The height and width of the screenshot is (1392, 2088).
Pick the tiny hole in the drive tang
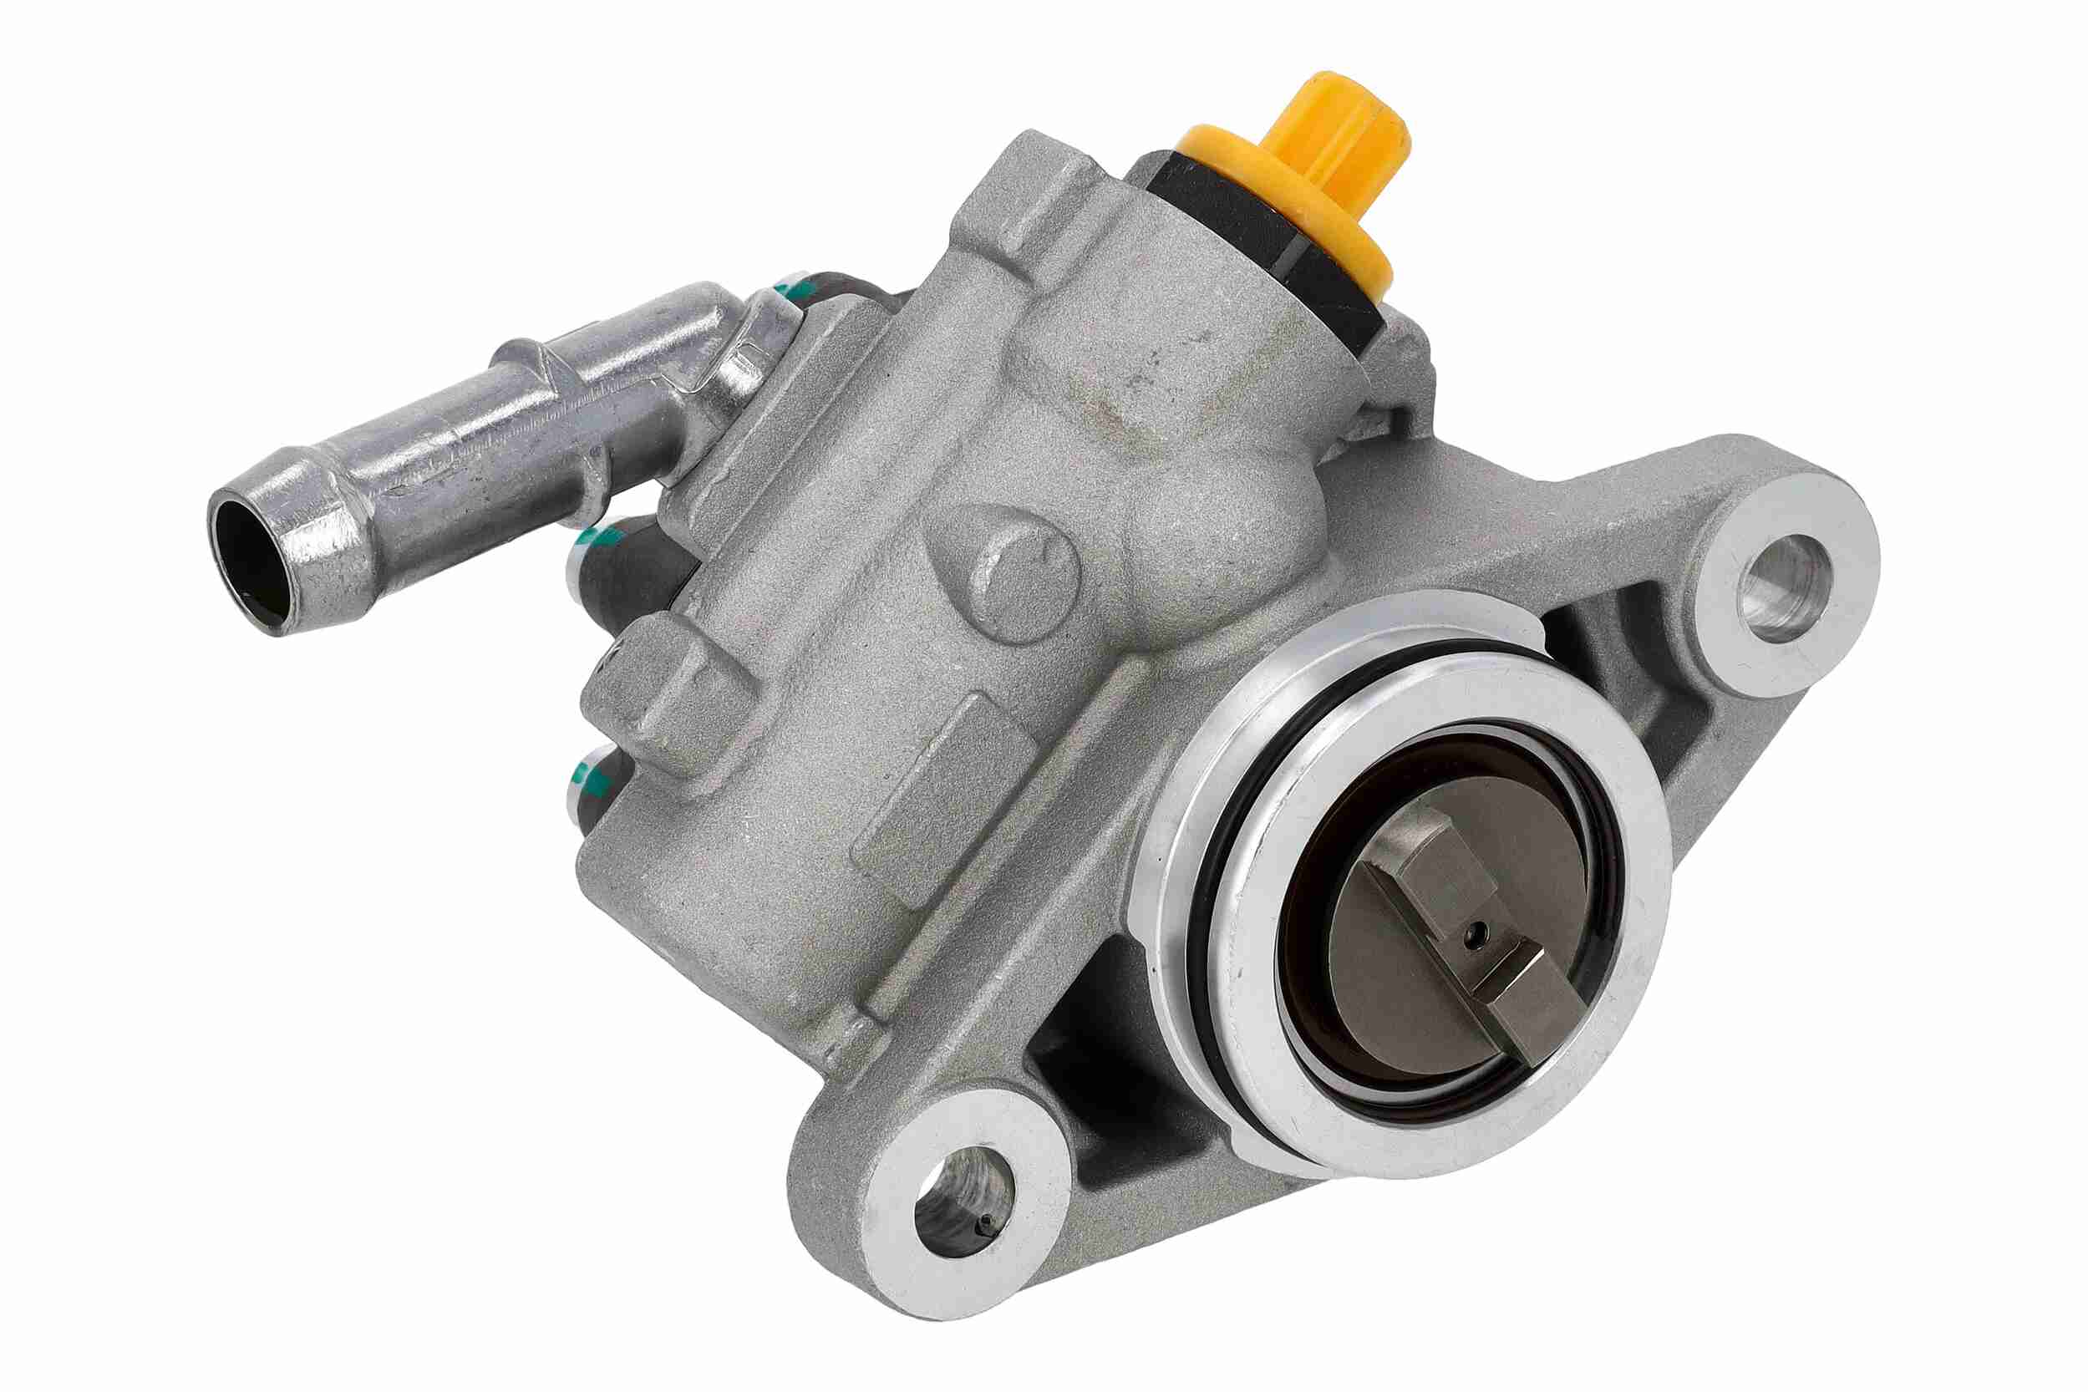pyautogui.click(x=1475, y=932)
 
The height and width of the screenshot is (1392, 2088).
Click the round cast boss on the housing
pyautogui.click(x=1021, y=568)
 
